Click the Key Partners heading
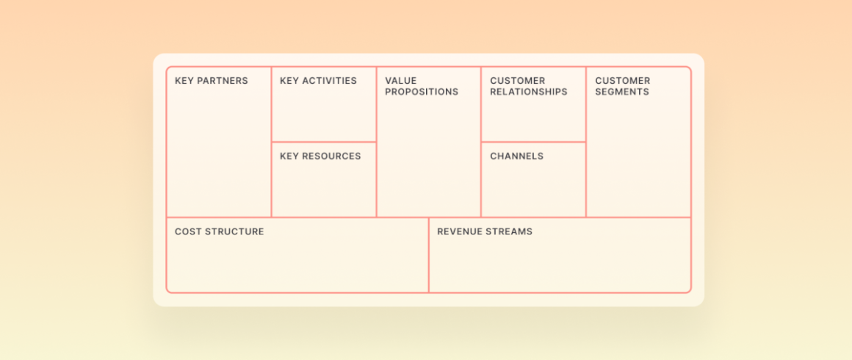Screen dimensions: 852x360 click(212, 81)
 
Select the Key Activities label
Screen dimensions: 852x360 click(319, 81)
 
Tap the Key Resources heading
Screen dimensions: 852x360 click(320, 156)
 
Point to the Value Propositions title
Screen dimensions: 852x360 click(422, 87)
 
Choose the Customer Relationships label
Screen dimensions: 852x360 click(529, 87)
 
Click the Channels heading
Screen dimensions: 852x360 click(517, 156)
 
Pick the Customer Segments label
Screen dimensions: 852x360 click(623, 87)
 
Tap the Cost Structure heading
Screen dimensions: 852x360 click(220, 231)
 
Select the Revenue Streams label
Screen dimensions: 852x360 click(485, 231)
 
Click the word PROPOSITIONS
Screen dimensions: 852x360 click(422, 92)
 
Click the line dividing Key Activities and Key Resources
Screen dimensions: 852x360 click(324, 142)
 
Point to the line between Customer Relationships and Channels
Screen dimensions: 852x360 click(533, 142)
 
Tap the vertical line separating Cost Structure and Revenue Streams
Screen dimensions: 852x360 click(429, 255)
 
